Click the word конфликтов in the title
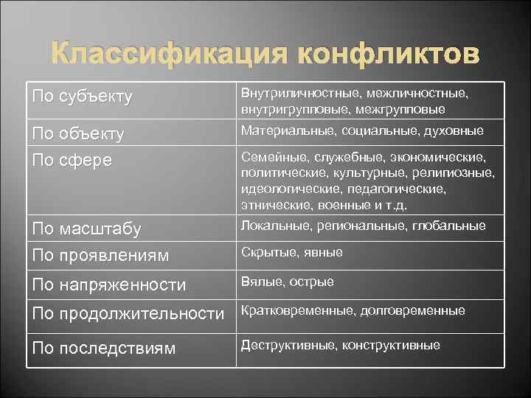click(388, 55)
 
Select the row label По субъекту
click(82, 97)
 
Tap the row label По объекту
click(77, 135)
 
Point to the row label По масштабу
click(87, 229)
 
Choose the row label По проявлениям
click(100, 256)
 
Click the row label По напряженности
click(108, 284)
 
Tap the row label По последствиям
click(104, 348)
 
